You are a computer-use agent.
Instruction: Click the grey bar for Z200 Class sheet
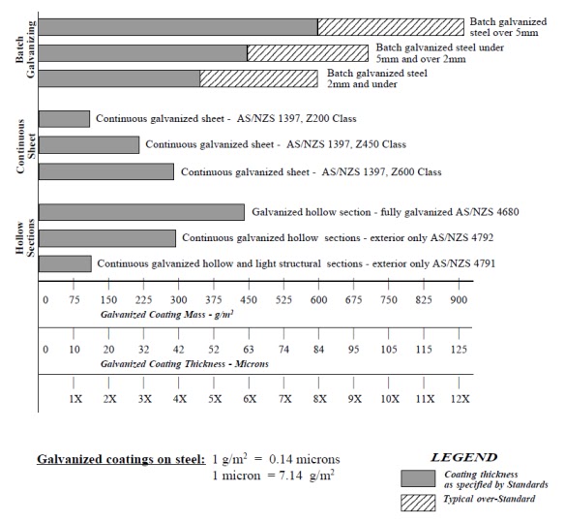(64, 119)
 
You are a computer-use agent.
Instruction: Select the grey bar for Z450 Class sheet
(88, 145)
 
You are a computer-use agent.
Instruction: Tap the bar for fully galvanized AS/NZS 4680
(141, 212)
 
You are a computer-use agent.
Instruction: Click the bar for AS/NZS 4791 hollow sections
(65, 263)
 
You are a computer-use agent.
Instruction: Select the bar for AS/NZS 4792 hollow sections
(107, 238)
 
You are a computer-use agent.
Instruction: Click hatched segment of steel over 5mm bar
(391, 26)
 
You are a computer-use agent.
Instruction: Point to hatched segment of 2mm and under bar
(261, 78)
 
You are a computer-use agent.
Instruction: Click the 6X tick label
(249, 399)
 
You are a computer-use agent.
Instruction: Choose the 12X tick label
(460, 399)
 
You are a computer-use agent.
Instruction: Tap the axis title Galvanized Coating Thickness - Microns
(185, 364)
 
